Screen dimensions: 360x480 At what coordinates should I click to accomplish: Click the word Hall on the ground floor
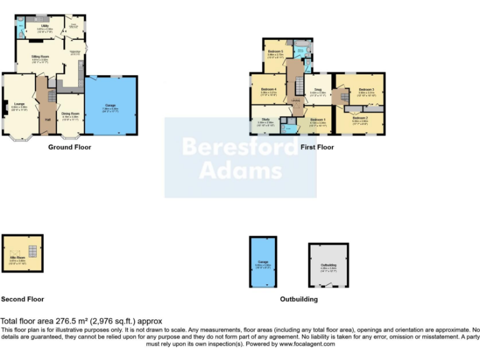47,119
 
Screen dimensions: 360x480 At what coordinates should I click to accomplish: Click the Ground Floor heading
69,147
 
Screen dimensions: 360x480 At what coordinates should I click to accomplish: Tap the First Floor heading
317,147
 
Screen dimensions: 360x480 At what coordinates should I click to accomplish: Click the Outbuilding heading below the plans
299,299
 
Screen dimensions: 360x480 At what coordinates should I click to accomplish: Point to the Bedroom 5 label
276,51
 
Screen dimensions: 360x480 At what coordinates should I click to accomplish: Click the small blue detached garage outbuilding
263,262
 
